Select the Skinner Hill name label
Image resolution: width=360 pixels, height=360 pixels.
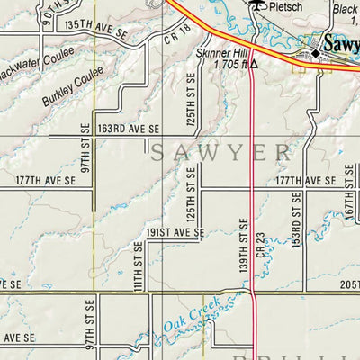220,53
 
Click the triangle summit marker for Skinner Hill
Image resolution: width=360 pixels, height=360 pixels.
255,65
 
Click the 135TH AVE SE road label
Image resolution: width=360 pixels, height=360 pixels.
97,29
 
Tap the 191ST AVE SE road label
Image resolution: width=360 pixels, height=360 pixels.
175,232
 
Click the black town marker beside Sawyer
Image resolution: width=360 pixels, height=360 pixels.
316,55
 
